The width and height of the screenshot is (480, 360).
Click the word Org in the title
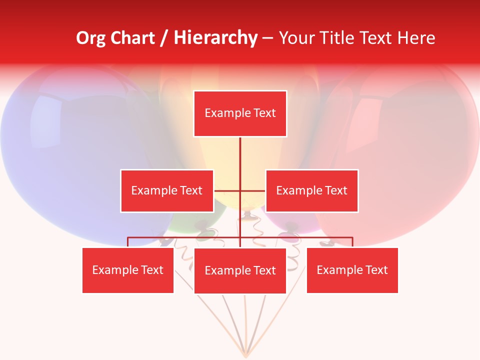(90, 38)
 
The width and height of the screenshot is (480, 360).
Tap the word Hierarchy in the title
(215, 38)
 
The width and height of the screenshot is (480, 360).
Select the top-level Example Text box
(240, 113)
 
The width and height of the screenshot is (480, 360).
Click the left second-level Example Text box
(166, 190)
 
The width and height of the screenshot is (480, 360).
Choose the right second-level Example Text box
(311, 190)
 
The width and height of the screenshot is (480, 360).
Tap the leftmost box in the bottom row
(128, 270)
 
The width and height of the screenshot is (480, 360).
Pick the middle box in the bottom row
(240, 270)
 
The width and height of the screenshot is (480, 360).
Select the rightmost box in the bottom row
(352, 270)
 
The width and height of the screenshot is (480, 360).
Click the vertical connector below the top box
(240, 155)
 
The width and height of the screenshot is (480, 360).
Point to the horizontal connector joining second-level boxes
(240, 190)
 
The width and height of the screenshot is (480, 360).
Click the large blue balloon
(65, 150)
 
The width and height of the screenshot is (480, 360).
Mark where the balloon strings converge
(245, 355)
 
